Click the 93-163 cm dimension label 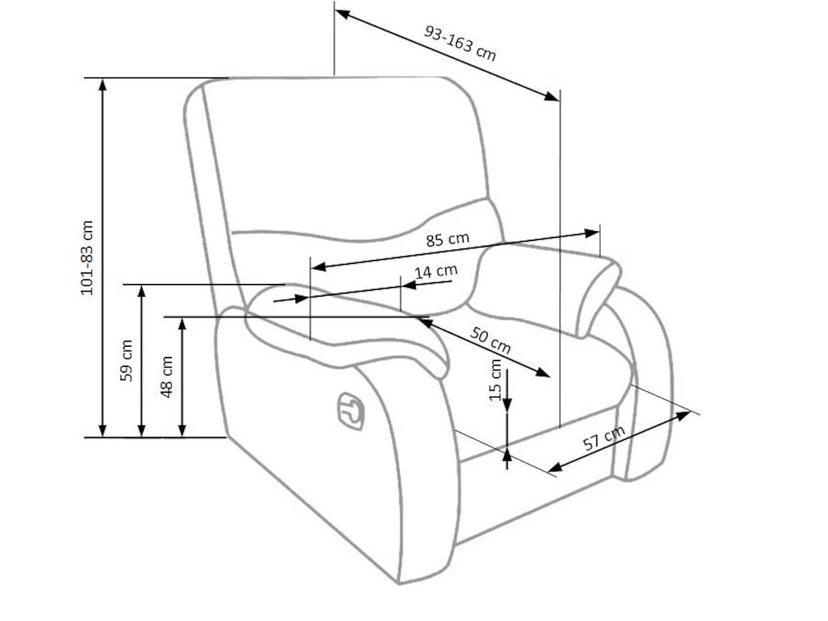tap(459, 43)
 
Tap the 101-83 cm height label tap(87, 258)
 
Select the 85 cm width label tap(447, 239)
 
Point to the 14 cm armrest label tap(436, 271)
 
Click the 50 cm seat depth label tap(490, 340)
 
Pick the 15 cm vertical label tap(495, 380)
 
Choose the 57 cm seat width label tap(604, 438)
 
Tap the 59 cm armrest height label tap(126, 361)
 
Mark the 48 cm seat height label tap(166, 377)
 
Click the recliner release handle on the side tap(350, 411)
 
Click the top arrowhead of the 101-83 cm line tap(102, 85)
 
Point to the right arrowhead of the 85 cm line tap(592, 233)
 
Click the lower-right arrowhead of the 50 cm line tap(543, 373)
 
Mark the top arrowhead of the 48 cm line tap(182, 324)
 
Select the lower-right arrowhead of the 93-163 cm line tap(551, 96)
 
